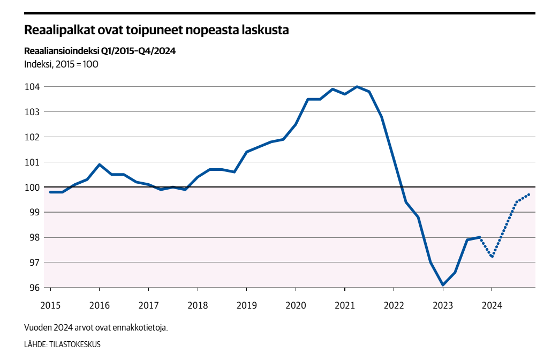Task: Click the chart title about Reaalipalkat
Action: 156,31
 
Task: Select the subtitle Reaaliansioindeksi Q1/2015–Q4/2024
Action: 100,51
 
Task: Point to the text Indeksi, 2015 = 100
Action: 61,64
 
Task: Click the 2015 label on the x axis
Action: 50,305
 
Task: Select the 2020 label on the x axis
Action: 296,305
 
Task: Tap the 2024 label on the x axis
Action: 492,305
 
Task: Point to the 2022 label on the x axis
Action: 394,305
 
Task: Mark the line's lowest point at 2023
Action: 443,285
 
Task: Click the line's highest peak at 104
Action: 357,87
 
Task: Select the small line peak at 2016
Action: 100,164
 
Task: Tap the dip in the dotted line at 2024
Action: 492,257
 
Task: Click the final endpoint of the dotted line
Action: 530,194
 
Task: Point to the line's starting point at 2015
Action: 50,192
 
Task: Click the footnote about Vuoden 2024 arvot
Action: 96,327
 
